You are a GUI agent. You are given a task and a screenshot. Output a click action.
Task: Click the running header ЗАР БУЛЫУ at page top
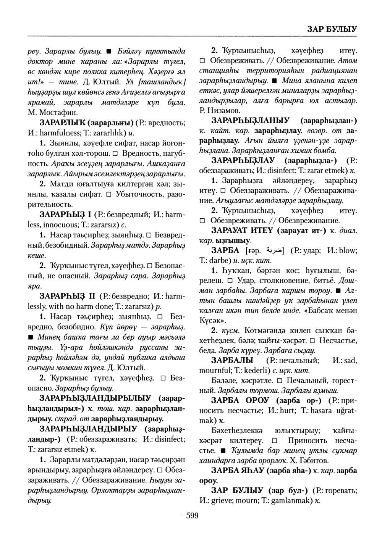pos(332,29)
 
